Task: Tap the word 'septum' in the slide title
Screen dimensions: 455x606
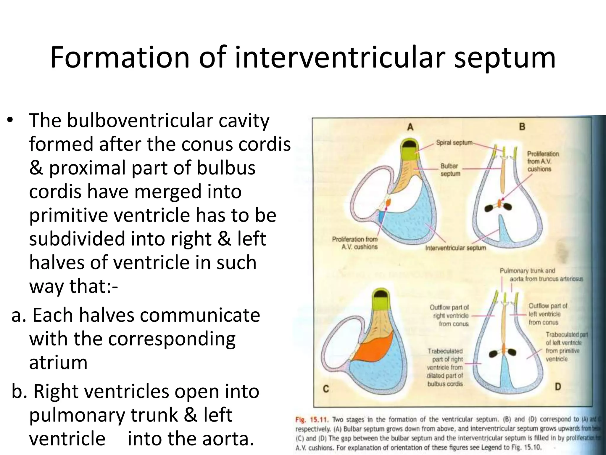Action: [x=505, y=58]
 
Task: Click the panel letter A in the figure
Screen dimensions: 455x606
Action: [x=410, y=127]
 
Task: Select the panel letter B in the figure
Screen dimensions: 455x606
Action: [x=522, y=127]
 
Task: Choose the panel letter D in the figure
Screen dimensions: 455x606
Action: [x=558, y=387]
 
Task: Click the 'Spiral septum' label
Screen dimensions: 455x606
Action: [x=454, y=142]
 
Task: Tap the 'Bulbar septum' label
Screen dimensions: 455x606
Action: [x=450, y=170]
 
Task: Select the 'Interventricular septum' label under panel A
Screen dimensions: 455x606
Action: [x=455, y=248]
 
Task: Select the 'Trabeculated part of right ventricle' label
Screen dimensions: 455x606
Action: [x=445, y=367]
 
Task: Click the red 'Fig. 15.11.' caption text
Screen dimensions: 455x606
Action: [x=312, y=419]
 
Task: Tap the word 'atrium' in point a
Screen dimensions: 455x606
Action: [x=58, y=362]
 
